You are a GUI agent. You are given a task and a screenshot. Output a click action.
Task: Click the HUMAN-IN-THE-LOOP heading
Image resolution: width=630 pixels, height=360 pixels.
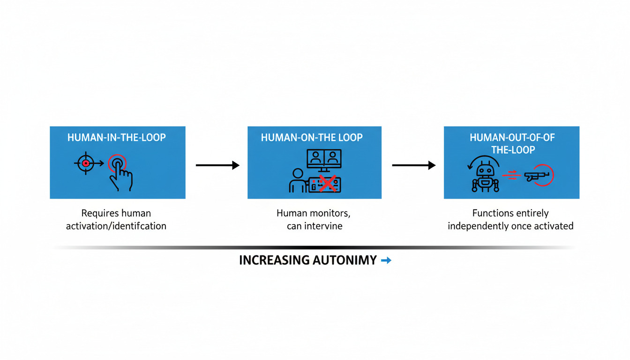tap(117, 138)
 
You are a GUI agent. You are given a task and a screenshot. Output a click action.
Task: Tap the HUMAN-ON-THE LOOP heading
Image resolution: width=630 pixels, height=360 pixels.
tap(312, 138)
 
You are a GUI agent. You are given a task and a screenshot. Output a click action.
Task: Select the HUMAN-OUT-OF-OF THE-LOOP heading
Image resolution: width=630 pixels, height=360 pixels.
tap(511, 143)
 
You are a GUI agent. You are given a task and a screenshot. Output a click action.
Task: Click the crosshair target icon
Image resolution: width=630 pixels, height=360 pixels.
tap(85, 164)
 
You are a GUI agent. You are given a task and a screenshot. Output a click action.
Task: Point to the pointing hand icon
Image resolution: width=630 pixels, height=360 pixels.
tap(120, 173)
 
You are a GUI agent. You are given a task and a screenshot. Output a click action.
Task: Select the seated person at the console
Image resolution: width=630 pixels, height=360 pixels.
tap(297, 180)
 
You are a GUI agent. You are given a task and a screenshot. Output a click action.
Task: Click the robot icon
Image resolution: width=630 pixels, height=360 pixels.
tap(485, 177)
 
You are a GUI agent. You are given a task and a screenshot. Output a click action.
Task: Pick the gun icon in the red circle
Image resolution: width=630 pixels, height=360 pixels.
tap(539, 176)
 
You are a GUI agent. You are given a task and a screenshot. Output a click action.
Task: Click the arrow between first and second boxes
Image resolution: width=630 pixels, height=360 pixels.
tap(217, 165)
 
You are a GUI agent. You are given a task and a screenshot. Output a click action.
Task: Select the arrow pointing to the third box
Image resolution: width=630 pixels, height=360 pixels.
tap(413, 165)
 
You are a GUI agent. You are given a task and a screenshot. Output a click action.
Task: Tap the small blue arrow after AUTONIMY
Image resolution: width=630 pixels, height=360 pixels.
tap(386, 261)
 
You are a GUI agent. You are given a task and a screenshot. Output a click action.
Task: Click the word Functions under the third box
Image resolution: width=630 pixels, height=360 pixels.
tap(492, 214)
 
